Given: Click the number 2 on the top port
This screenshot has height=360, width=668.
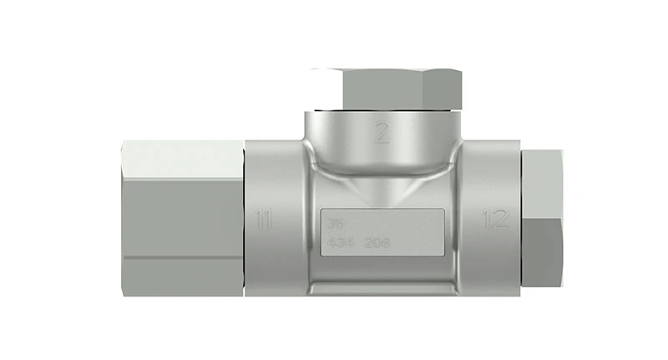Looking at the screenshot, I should [x=382, y=133].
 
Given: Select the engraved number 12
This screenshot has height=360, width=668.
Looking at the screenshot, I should [x=496, y=221].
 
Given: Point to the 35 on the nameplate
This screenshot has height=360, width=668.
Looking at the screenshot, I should [x=336, y=224].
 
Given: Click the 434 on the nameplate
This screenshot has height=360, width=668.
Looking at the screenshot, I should [x=340, y=242].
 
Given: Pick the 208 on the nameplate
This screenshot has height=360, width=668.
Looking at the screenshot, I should [x=378, y=242].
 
